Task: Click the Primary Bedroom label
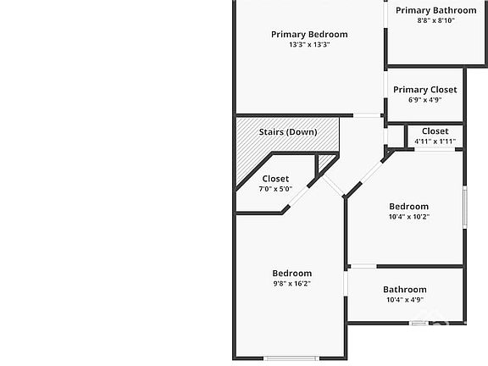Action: [309, 35]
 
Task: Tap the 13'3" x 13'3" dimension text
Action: [309, 45]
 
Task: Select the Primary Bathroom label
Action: [436, 10]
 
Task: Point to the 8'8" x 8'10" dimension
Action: [436, 20]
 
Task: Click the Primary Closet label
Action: [425, 90]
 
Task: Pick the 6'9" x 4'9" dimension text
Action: [425, 100]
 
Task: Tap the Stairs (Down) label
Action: [288, 132]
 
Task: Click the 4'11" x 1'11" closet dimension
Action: [435, 141]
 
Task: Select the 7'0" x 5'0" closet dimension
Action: [275, 189]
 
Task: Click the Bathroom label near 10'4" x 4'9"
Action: [405, 290]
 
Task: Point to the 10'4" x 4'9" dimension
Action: [405, 300]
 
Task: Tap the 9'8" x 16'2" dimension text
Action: [292, 284]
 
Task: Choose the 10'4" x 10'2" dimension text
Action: [409, 217]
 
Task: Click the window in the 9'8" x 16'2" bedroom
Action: [291, 358]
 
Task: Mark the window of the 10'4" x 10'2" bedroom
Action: [464, 207]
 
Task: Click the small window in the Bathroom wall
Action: [419, 324]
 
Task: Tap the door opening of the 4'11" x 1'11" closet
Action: [435, 150]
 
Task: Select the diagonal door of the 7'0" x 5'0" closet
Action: [299, 196]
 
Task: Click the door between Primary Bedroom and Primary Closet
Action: [385, 85]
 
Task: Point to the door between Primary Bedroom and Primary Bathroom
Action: [385, 14]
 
